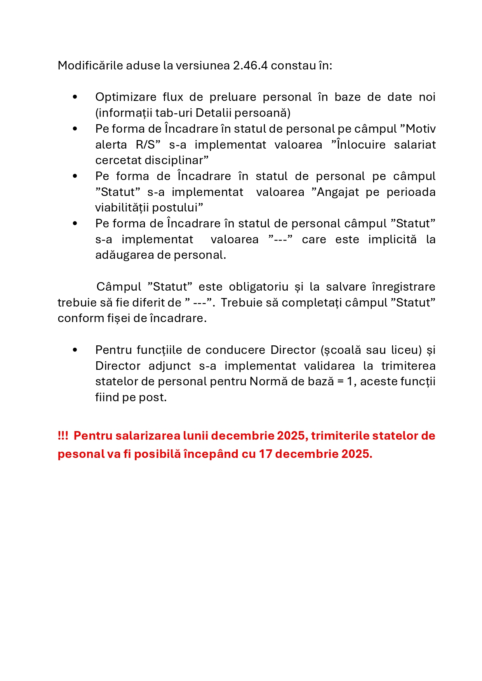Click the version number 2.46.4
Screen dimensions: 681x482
(x=250, y=66)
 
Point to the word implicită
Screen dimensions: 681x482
(x=392, y=239)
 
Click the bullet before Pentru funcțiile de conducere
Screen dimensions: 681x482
(x=75, y=350)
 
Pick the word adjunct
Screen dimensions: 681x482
(x=170, y=366)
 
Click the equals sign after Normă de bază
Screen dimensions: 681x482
(x=340, y=382)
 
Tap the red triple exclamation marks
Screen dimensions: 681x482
(x=63, y=436)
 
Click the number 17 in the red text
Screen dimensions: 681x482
(x=265, y=454)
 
